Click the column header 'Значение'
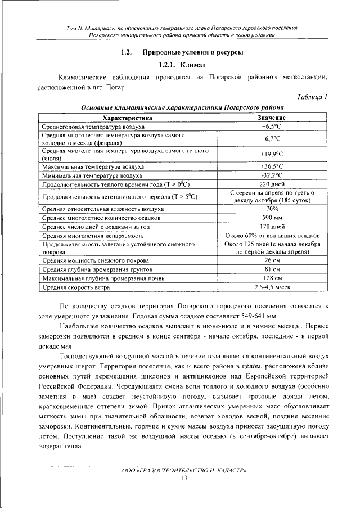click(x=272, y=118)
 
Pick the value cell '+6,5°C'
click(x=272, y=128)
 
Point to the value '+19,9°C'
click(x=272, y=155)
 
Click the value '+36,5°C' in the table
click(x=272, y=166)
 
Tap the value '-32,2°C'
click(x=272, y=175)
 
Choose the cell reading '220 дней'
click(x=272, y=184)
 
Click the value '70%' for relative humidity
click(x=272, y=208)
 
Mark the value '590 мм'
click(x=272, y=217)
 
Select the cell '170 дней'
click(x=272, y=226)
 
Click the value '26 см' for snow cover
click(x=272, y=260)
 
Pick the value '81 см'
click(x=272, y=269)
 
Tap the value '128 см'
click(x=272, y=278)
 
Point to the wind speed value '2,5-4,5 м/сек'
click(x=272, y=287)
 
